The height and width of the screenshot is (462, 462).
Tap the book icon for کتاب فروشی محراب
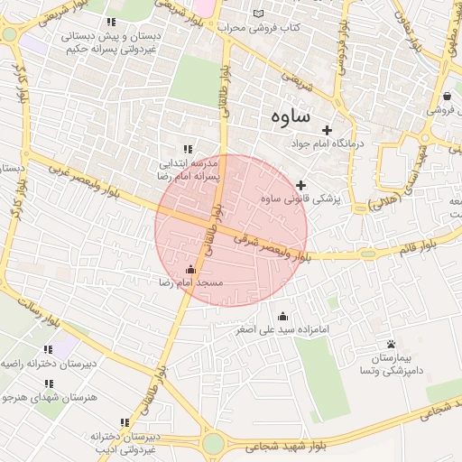260,14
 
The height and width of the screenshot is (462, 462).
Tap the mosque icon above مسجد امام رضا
190,270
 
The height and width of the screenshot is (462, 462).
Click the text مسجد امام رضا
190,283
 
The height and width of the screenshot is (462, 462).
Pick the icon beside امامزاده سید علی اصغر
283,316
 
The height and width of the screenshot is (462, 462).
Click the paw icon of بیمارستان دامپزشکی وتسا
391,345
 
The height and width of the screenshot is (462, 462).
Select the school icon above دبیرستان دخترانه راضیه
47,349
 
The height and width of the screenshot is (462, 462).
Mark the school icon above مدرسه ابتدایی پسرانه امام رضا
188,149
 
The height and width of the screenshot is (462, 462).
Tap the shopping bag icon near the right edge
448,97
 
